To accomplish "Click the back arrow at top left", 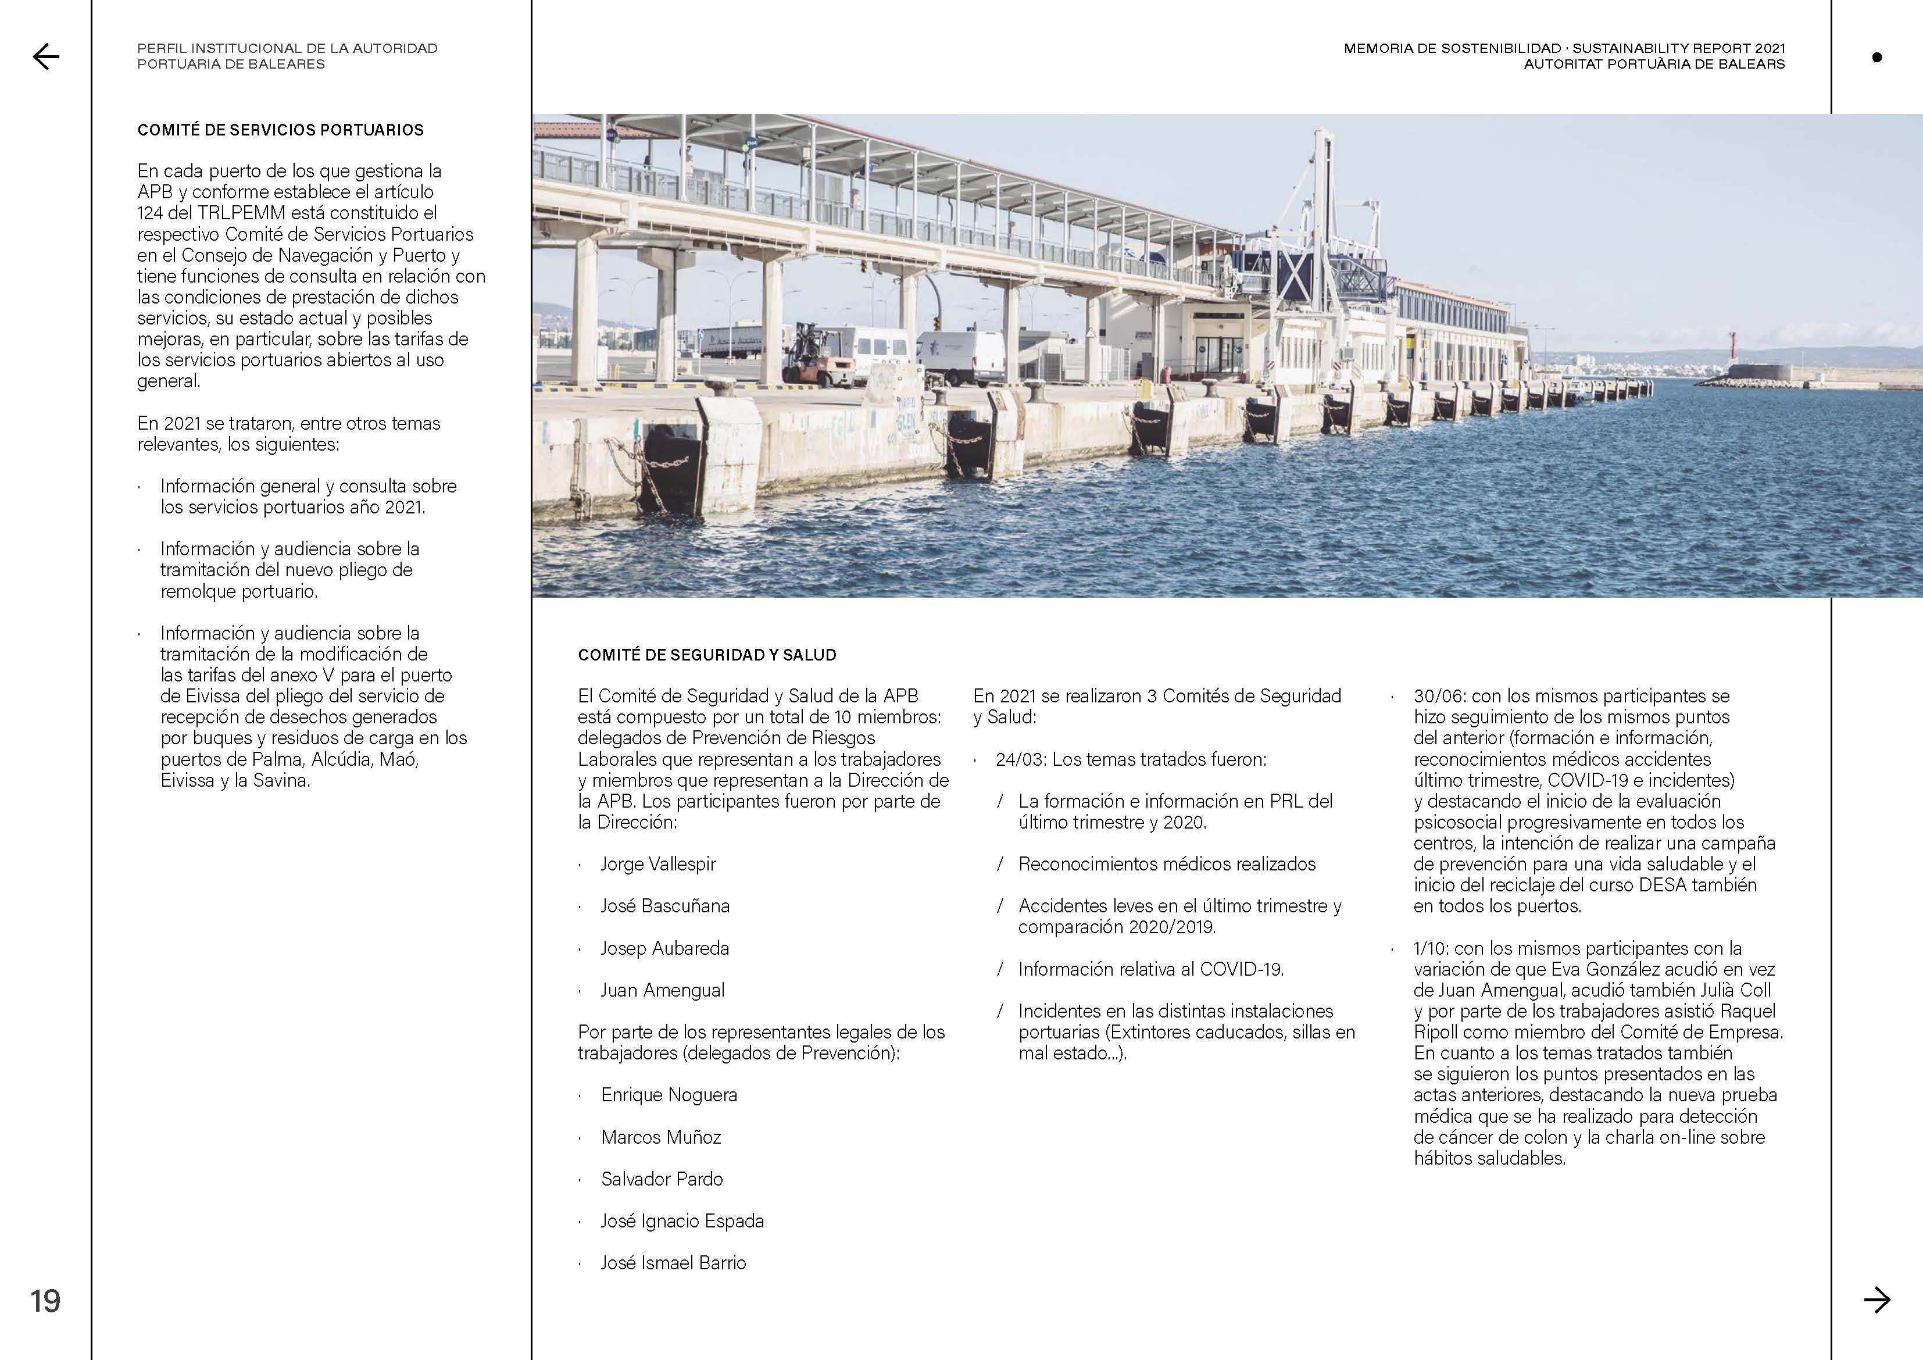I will click(x=45, y=56).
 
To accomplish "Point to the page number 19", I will click(x=45, y=1301).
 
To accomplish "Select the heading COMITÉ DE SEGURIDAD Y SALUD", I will click(x=706, y=655).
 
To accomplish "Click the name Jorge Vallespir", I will click(x=657, y=864).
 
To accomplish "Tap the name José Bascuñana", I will click(x=664, y=906).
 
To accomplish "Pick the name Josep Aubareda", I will click(x=664, y=948).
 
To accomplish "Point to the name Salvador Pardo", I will click(x=661, y=1179).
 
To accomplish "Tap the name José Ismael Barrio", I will click(x=673, y=1263).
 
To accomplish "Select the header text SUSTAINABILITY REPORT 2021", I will click(x=1678, y=49).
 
